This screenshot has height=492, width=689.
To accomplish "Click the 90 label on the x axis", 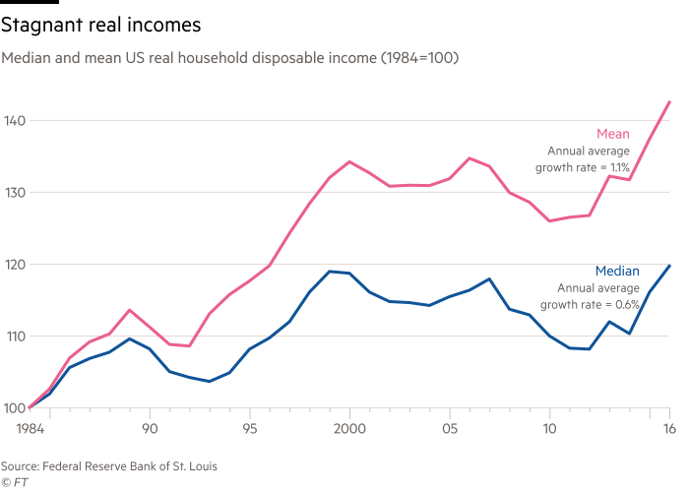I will (150, 429).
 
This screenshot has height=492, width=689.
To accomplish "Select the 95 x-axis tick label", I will (250, 429).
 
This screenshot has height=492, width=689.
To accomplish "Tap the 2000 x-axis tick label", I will (349, 429).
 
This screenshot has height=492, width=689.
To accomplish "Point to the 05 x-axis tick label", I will (451, 429).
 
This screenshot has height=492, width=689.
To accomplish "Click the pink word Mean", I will (613, 134).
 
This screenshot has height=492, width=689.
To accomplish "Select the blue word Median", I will (617, 271).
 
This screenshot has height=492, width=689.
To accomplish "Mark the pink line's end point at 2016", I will (670, 101).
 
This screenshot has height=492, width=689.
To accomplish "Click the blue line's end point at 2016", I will (670, 265).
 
